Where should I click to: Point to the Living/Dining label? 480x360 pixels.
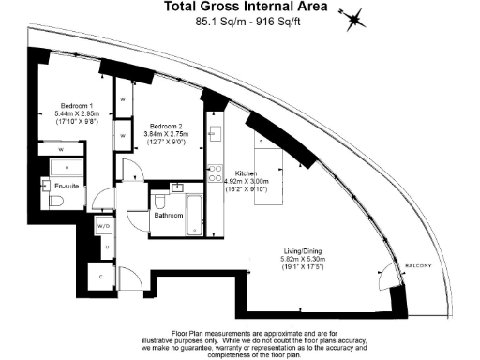pos(307,251)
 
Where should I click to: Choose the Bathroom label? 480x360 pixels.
pos(169,216)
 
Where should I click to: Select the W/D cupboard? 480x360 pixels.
pos(103,226)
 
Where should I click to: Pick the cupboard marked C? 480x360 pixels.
pos(101,277)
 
